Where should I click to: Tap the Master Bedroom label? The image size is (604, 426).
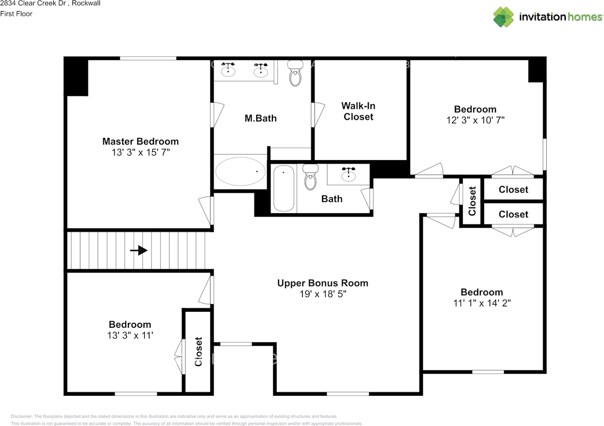pos(140,141)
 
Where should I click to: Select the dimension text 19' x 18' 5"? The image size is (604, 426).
pos(322,294)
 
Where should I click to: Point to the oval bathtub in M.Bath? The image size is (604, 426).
pos(240,171)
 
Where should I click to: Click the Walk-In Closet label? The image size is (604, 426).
pos(358,111)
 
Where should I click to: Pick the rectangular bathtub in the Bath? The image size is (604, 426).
pos(284,188)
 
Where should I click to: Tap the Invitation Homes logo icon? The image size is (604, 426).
pos(503,17)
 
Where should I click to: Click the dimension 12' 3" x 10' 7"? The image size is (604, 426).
pos(475,120)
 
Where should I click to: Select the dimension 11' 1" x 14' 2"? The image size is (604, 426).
pos(482,303)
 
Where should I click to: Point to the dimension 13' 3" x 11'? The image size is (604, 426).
pos(130,335)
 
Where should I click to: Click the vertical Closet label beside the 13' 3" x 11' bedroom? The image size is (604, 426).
pos(198,351)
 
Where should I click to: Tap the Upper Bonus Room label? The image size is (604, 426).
pos(322,283)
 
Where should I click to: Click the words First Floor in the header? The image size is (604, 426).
pos(17,14)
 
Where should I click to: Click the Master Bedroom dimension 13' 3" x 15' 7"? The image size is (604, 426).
pos(140,152)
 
